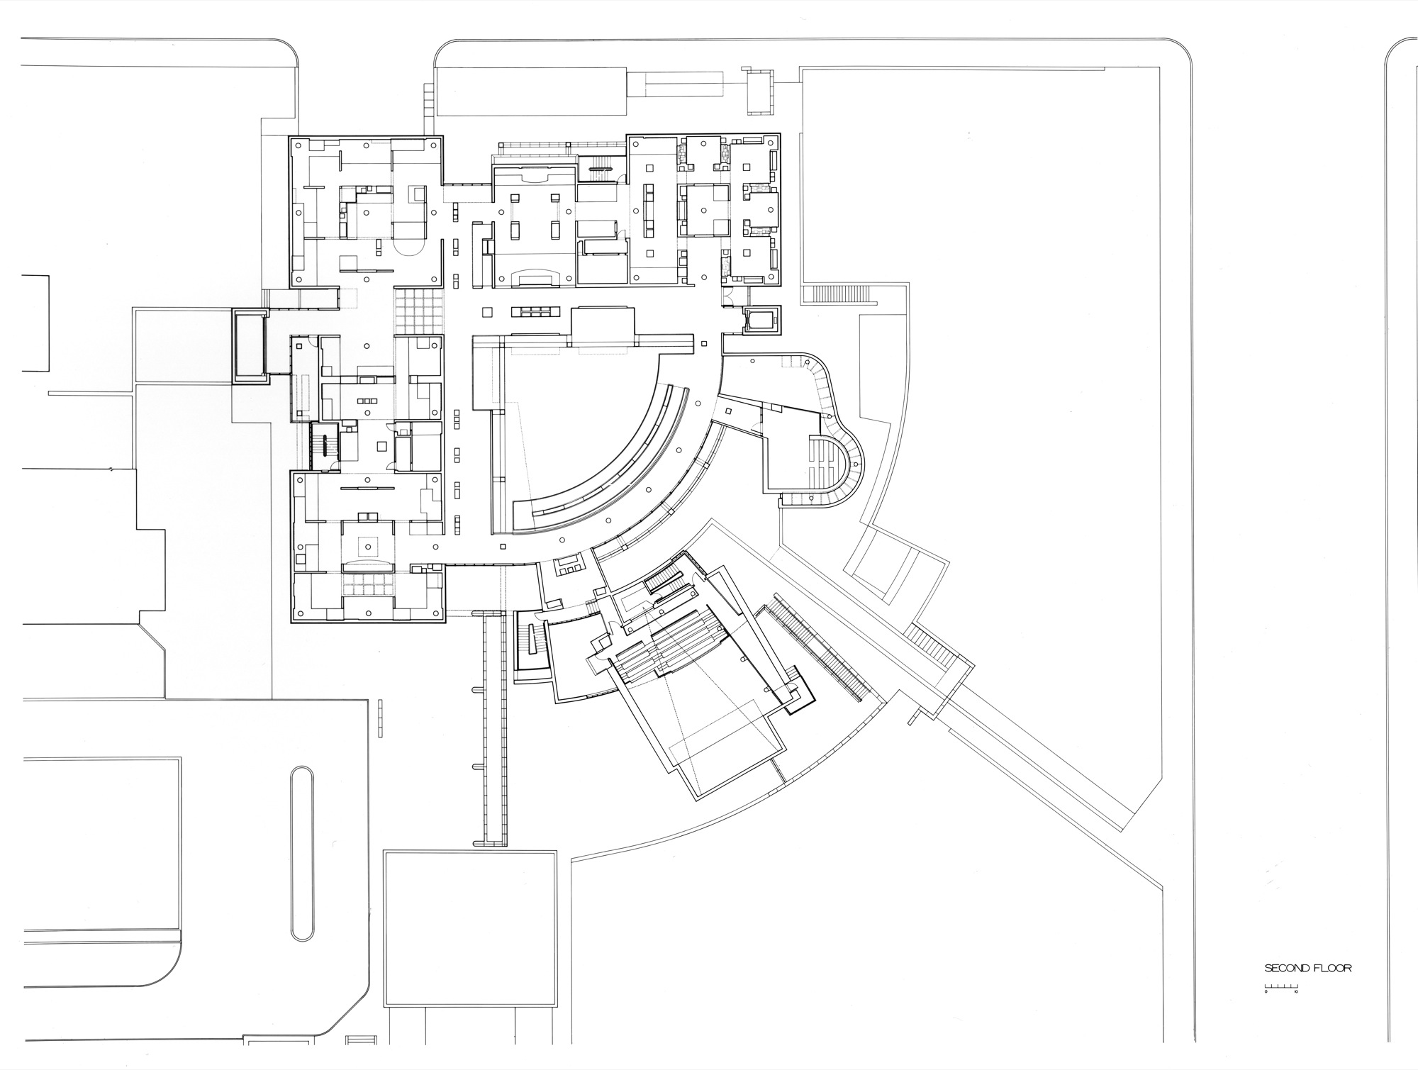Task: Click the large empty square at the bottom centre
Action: point(469,928)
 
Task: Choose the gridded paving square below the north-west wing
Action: point(419,311)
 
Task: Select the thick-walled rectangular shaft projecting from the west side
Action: point(250,345)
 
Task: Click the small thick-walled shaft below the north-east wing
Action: point(761,321)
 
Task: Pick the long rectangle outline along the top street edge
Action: point(532,91)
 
